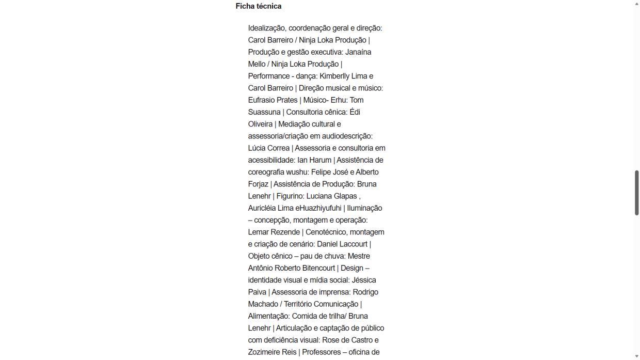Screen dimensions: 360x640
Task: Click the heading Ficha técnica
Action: pos(259,6)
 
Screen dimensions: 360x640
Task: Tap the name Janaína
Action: pos(358,52)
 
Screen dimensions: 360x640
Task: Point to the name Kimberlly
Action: pos(336,76)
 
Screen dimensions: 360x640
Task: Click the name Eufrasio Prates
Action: pos(273,100)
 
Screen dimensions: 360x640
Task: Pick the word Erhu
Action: pos(339,100)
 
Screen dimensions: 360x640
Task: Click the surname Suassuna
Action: pos(264,112)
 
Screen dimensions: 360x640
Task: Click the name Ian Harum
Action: pos(314,160)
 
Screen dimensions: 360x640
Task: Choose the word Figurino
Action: pos(290,196)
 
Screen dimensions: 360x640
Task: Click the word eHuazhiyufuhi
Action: pos(318,208)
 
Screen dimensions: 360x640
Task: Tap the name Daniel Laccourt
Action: pos(342,244)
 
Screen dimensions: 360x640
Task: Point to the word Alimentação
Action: pos(268,316)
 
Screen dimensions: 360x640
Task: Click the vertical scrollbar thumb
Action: pos(637,192)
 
